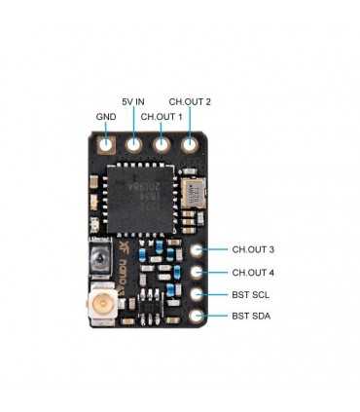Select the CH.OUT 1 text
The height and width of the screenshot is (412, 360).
(162, 117)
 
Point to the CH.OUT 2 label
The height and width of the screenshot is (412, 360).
(190, 101)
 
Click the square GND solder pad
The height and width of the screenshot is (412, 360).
(106, 145)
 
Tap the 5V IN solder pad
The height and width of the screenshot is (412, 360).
(134, 145)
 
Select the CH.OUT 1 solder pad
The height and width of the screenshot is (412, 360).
(162, 145)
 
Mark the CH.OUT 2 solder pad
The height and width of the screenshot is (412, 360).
(190, 145)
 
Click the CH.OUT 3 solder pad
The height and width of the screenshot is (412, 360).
(198, 250)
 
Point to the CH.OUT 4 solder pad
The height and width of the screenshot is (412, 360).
(198, 273)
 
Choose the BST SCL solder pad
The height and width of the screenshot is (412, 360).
(198, 294)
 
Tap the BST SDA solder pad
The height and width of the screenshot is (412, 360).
(198, 317)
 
